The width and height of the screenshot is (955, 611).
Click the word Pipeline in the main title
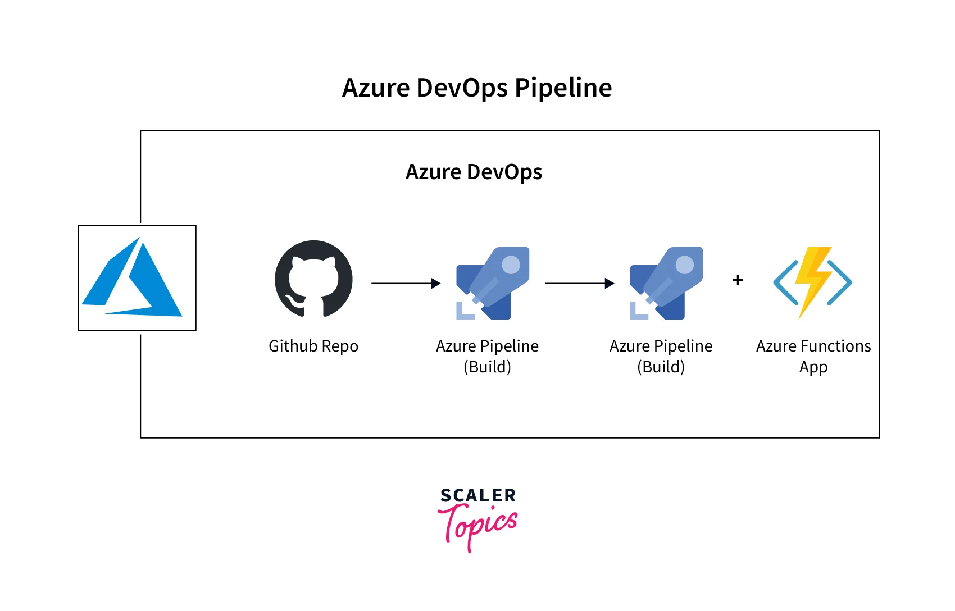pyautogui.click(x=563, y=88)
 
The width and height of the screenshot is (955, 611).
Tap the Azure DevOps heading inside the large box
pyautogui.click(x=474, y=172)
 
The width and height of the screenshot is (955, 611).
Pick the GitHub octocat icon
pyautogui.click(x=313, y=279)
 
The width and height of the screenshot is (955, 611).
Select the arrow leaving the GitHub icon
pyautogui.click(x=406, y=284)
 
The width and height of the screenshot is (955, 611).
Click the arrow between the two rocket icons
pyautogui.click(x=579, y=284)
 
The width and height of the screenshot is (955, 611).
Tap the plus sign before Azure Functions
pyautogui.click(x=738, y=280)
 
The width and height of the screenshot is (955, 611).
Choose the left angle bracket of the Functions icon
pyautogui.click(x=785, y=282)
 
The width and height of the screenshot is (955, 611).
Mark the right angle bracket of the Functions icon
pyautogui.click(x=840, y=282)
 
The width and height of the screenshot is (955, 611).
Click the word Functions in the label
pyautogui.click(x=836, y=346)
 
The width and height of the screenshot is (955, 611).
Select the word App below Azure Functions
pyautogui.click(x=813, y=367)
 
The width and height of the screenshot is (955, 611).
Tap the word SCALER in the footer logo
pyautogui.click(x=478, y=495)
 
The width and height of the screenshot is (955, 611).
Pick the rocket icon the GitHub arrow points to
pyautogui.click(x=493, y=283)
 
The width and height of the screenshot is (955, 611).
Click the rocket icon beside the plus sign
pyautogui.click(x=666, y=283)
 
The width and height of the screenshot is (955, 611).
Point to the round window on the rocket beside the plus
pyautogui.click(x=684, y=265)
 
